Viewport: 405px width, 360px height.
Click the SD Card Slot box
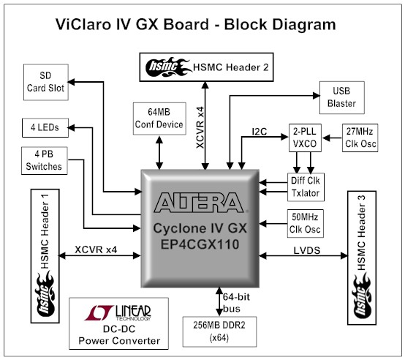46,82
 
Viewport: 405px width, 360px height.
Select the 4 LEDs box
45,127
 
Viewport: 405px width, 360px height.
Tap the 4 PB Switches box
45,160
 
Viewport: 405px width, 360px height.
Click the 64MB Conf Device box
159,119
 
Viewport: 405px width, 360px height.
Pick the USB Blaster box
342,97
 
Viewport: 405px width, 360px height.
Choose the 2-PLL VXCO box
305,138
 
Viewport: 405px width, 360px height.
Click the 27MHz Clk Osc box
360,138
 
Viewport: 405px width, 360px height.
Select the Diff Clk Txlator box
306,187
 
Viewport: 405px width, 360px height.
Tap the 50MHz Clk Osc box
306,224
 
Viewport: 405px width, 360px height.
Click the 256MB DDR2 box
219,331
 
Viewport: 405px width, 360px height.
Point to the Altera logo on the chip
199,203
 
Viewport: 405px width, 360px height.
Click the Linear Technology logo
118,312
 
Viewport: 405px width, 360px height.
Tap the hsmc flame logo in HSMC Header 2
167,67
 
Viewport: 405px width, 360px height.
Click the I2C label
260,132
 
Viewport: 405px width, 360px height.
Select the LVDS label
307,250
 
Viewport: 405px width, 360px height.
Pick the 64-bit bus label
236,303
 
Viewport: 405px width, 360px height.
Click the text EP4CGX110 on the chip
200,244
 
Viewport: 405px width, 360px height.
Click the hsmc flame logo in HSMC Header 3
361,296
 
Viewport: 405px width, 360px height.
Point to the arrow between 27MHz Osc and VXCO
332,138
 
